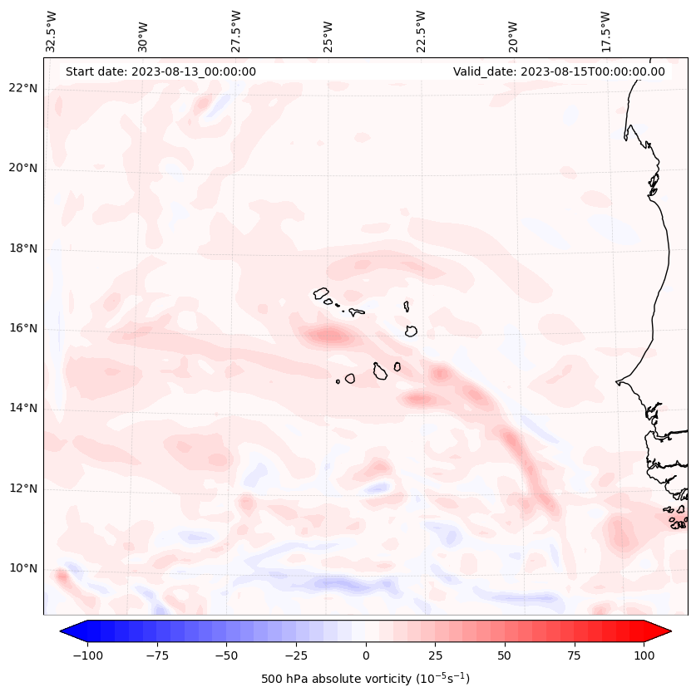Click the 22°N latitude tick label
click(x=23, y=88)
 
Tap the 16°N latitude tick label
click(x=23, y=328)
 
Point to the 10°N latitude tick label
click(x=23, y=569)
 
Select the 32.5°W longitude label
click(x=52, y=32)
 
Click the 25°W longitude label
click(x=329, y=32)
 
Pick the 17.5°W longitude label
click(x=605, y=32)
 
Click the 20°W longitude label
click(x=513, y=32)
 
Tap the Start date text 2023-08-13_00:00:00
click(x=160, y=71)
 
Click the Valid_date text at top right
click(x=559, y=71)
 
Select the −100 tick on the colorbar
click(x=87, y=655)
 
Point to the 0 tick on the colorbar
click(x=366, y=655)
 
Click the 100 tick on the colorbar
click(x=644, y=655)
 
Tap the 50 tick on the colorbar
click(x=505, y=655)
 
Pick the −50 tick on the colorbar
click(x=226, y=655)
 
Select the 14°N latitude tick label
click(x=23, y=408)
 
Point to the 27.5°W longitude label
click(x=237, y=32)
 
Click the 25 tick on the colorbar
click(x=435, y=655)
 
